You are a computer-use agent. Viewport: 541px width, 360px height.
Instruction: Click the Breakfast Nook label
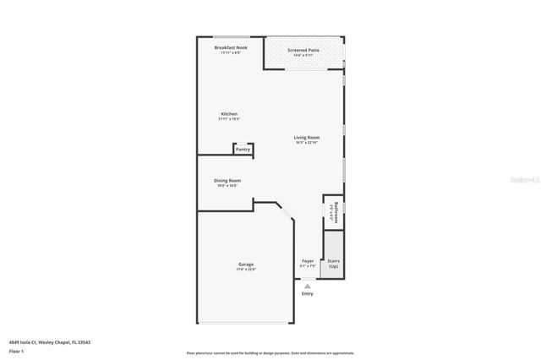[230, 47]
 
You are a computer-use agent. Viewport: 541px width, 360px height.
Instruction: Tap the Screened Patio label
[303, 50]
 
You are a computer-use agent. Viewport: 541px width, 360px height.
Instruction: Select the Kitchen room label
[229, 113]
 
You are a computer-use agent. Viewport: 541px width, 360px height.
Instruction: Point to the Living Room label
[306, 137]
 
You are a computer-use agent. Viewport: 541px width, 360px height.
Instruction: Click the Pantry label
[243, 150]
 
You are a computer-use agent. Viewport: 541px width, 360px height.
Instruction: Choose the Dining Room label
[227, 180]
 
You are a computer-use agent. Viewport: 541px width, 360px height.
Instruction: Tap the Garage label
[246, 265]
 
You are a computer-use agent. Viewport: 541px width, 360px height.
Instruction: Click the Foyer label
[308, 260]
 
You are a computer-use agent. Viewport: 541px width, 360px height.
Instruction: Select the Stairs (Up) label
[333, 263]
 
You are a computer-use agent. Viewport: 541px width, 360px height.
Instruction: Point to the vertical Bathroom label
[336, 211]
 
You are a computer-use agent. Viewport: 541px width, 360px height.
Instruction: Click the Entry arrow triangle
[308, 286]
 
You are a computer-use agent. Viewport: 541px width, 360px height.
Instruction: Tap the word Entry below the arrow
[308, 293]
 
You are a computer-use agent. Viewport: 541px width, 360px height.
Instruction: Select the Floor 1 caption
[16, 350]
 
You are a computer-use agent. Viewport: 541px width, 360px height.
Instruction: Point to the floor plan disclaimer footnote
[270, 352]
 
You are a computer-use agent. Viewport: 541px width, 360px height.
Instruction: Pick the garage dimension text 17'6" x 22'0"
[246, 270]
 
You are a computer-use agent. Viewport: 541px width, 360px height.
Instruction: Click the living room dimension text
[306, 143]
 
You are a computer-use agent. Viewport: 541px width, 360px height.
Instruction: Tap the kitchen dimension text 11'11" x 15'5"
[229, 119]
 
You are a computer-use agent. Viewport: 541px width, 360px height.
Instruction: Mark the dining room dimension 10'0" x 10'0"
[227, 186]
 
